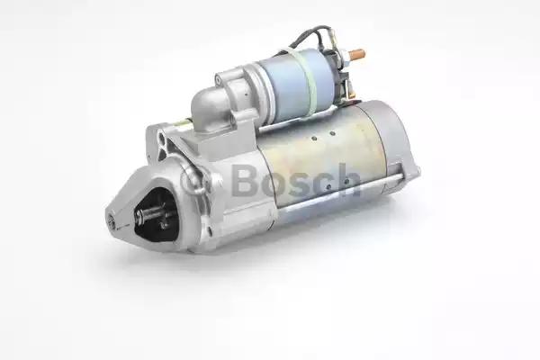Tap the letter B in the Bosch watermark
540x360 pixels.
pos(245,179)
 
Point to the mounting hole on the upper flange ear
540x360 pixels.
pos(163,139)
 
